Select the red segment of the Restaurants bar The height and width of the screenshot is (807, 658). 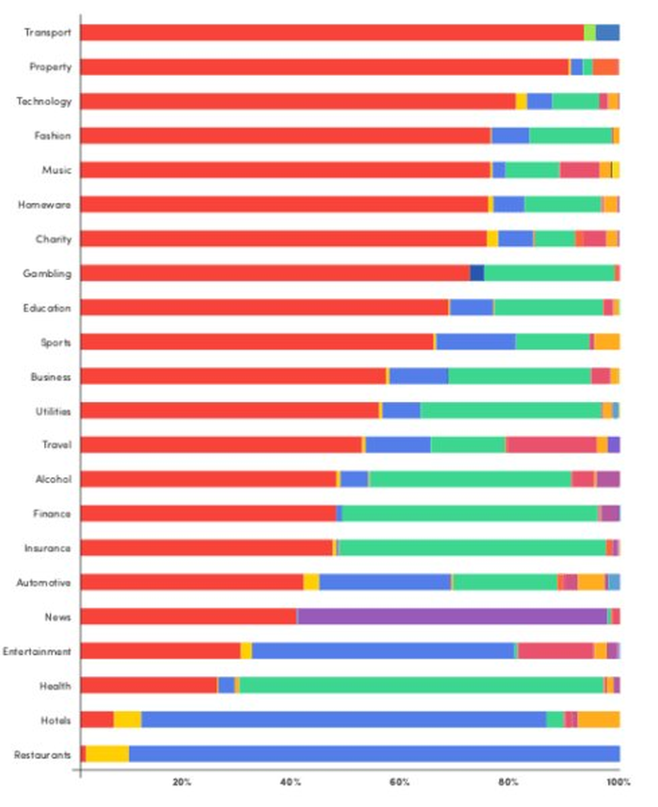point(83,753)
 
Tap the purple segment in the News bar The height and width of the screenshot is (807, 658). point(452,616)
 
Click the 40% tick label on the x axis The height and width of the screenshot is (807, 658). point(290,783)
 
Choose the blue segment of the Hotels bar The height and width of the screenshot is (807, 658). point(344,720)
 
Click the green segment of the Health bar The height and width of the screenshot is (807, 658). point(421,685)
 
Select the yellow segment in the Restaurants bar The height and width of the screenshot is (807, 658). point(107,753)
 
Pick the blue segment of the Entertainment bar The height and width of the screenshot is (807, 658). point(384,651)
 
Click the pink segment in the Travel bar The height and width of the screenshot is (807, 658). point(552,444)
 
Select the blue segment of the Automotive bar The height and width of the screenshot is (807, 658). point(385,582)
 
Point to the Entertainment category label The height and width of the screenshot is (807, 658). point(38,651)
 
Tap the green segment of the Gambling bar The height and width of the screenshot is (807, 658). point(549,273)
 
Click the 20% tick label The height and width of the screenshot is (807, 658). point(182,783)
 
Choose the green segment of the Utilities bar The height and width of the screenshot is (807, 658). point(511,411)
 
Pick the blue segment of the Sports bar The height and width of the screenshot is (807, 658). point(476,342)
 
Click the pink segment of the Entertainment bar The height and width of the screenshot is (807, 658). point(556,651)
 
